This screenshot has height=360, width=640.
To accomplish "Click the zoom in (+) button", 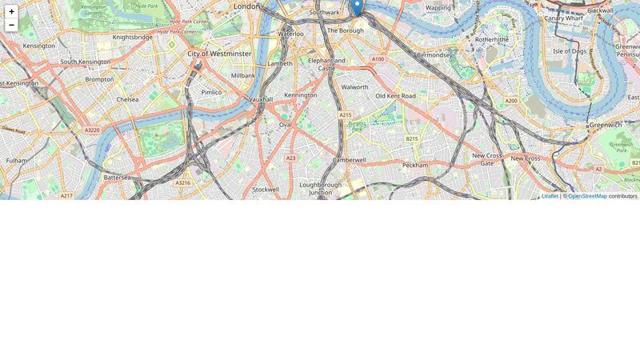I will [x=11, y=11].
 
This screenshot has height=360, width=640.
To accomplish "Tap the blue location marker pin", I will [x=357, y=6].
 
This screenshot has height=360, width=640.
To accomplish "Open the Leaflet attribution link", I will [x=550, y=196].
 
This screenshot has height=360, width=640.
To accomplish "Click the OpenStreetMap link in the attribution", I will [x=587, y=196].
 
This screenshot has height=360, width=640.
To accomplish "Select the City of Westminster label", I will [x=219, y=54].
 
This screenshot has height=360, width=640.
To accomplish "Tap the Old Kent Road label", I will [x=395, y=96].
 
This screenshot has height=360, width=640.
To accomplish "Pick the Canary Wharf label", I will [x=564, y=18].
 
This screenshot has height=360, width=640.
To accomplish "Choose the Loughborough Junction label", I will [x=320, y=188].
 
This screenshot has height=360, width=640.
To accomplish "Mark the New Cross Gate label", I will [x=486, y=159].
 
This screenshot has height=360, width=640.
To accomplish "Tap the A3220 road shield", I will [x=92, y=130].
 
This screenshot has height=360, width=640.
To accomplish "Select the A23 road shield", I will [x=290, y=158].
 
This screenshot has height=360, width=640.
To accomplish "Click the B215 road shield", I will [x=411, y=138].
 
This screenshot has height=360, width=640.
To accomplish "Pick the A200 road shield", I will [x=511, y=101].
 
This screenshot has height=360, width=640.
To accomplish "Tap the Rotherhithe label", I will [x=491, y=38].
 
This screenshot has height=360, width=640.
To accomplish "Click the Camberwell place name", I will [x=349, y=160].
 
